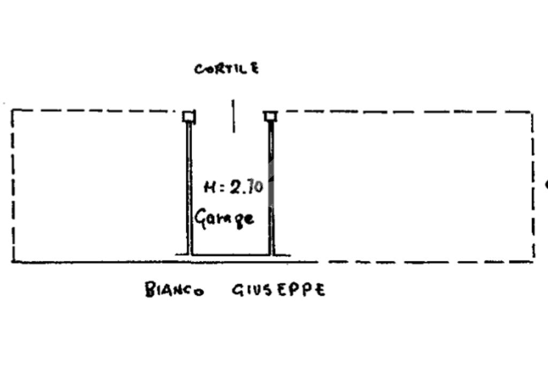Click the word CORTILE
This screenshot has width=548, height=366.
coord(226,69)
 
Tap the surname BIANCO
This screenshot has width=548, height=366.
coord(174,290)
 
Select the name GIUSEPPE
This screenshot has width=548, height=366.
coord(278,290)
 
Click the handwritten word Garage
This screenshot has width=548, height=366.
coord(224,218)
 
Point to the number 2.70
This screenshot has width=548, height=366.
coord(247,187)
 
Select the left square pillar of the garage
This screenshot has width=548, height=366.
coord(188,116)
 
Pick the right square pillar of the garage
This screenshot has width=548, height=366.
coord(270,116)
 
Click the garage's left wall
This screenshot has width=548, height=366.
coord(189,188)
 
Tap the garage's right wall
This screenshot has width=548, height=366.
coord(271,188)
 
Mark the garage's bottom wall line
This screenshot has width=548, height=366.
coord(230,255)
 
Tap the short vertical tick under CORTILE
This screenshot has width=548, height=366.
coord(233,115)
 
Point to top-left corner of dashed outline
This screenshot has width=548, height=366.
coord(12,110)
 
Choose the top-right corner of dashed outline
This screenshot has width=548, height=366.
coord(532,112)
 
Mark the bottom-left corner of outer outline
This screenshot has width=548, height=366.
coord(12,262)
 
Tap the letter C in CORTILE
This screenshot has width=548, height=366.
coord(199,70)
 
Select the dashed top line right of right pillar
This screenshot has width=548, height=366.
coord(401,112)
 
